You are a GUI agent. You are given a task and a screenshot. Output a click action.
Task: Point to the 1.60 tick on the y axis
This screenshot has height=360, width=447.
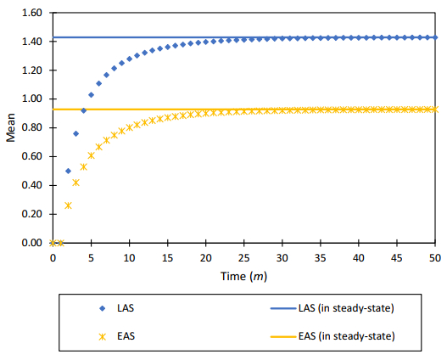31,14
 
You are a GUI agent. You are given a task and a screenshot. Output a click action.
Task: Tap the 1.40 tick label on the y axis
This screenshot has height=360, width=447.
31,42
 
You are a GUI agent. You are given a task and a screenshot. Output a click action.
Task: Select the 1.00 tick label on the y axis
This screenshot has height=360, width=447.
31,99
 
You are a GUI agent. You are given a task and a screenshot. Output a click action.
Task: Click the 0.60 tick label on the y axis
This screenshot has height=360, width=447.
31,157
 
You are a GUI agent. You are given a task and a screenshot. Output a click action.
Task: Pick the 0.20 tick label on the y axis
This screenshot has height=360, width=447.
31,214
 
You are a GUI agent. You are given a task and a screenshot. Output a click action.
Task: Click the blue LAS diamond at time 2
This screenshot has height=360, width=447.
68,171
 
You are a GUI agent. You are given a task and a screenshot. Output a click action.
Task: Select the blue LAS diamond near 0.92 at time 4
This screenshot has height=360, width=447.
83,110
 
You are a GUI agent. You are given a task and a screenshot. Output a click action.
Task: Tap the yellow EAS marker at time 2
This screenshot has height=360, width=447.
68,205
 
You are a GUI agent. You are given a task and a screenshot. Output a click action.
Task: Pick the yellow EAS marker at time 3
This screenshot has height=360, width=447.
75,183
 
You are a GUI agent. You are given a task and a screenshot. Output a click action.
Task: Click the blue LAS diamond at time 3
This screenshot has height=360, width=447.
75,133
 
